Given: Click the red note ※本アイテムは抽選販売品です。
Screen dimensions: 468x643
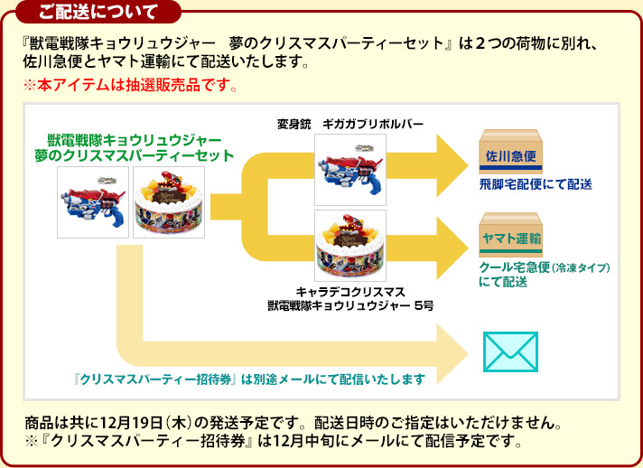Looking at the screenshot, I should click(x=130, y=87).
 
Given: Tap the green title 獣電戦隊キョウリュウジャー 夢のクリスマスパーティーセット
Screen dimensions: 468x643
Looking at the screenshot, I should click(x=134, y=148).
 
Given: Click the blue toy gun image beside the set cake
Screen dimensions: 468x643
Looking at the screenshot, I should click(x=92, y=199).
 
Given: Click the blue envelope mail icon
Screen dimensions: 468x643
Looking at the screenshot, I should click(x=510, y=351).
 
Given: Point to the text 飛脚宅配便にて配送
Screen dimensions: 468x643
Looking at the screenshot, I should click(x=536, y=184).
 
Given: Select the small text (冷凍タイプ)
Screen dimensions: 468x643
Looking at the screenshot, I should click(x=583, y=268).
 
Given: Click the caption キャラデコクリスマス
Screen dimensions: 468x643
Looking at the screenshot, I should click(x=350, y=292).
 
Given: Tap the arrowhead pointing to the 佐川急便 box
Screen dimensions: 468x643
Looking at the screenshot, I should click(x=452, y=161).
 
